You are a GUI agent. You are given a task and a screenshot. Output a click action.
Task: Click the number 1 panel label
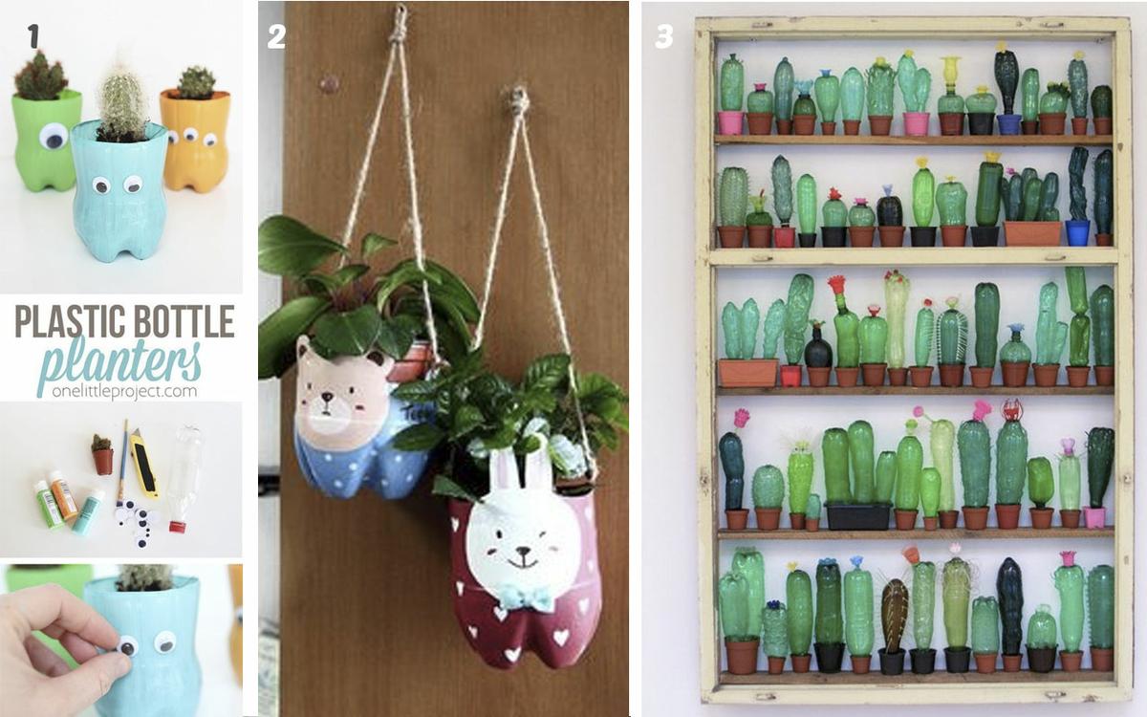(33, 36)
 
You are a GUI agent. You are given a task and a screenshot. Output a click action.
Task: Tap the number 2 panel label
(276, 37)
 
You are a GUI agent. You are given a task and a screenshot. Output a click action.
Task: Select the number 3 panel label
(664, 37)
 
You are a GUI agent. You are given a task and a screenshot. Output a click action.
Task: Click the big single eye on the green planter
(54, 136)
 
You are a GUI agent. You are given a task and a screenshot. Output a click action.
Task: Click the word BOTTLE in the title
(184, 321)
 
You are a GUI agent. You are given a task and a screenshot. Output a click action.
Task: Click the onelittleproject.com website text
(124, 392)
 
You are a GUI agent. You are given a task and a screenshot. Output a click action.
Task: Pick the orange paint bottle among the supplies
(63, 493)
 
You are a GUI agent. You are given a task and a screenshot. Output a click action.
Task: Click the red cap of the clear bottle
(177, 526)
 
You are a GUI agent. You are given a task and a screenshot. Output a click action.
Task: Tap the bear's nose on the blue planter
(326, 397)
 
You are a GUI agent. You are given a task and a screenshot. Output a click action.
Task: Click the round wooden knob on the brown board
(329, 83)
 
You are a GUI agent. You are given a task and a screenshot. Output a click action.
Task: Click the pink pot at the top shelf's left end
(729, 123)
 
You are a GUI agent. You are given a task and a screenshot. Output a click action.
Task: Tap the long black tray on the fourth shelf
(858, 515)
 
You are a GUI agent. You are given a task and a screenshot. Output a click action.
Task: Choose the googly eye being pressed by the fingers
(127, 646)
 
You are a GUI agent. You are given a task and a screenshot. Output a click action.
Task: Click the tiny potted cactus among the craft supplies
(102, 454)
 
